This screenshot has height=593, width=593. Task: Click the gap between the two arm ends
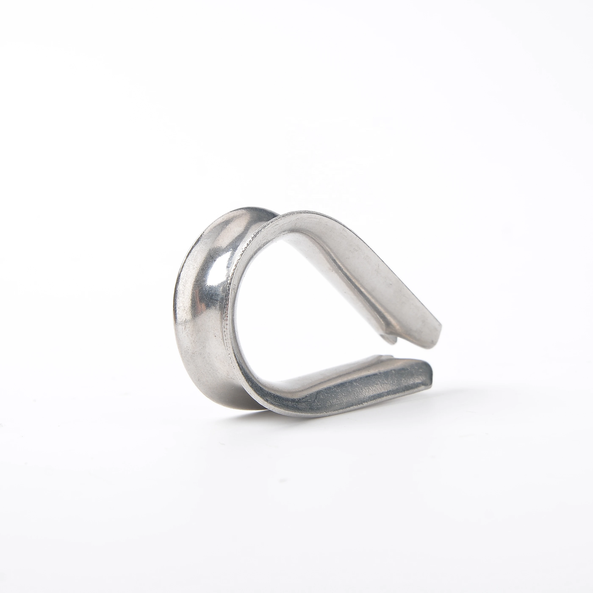(411, 353)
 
